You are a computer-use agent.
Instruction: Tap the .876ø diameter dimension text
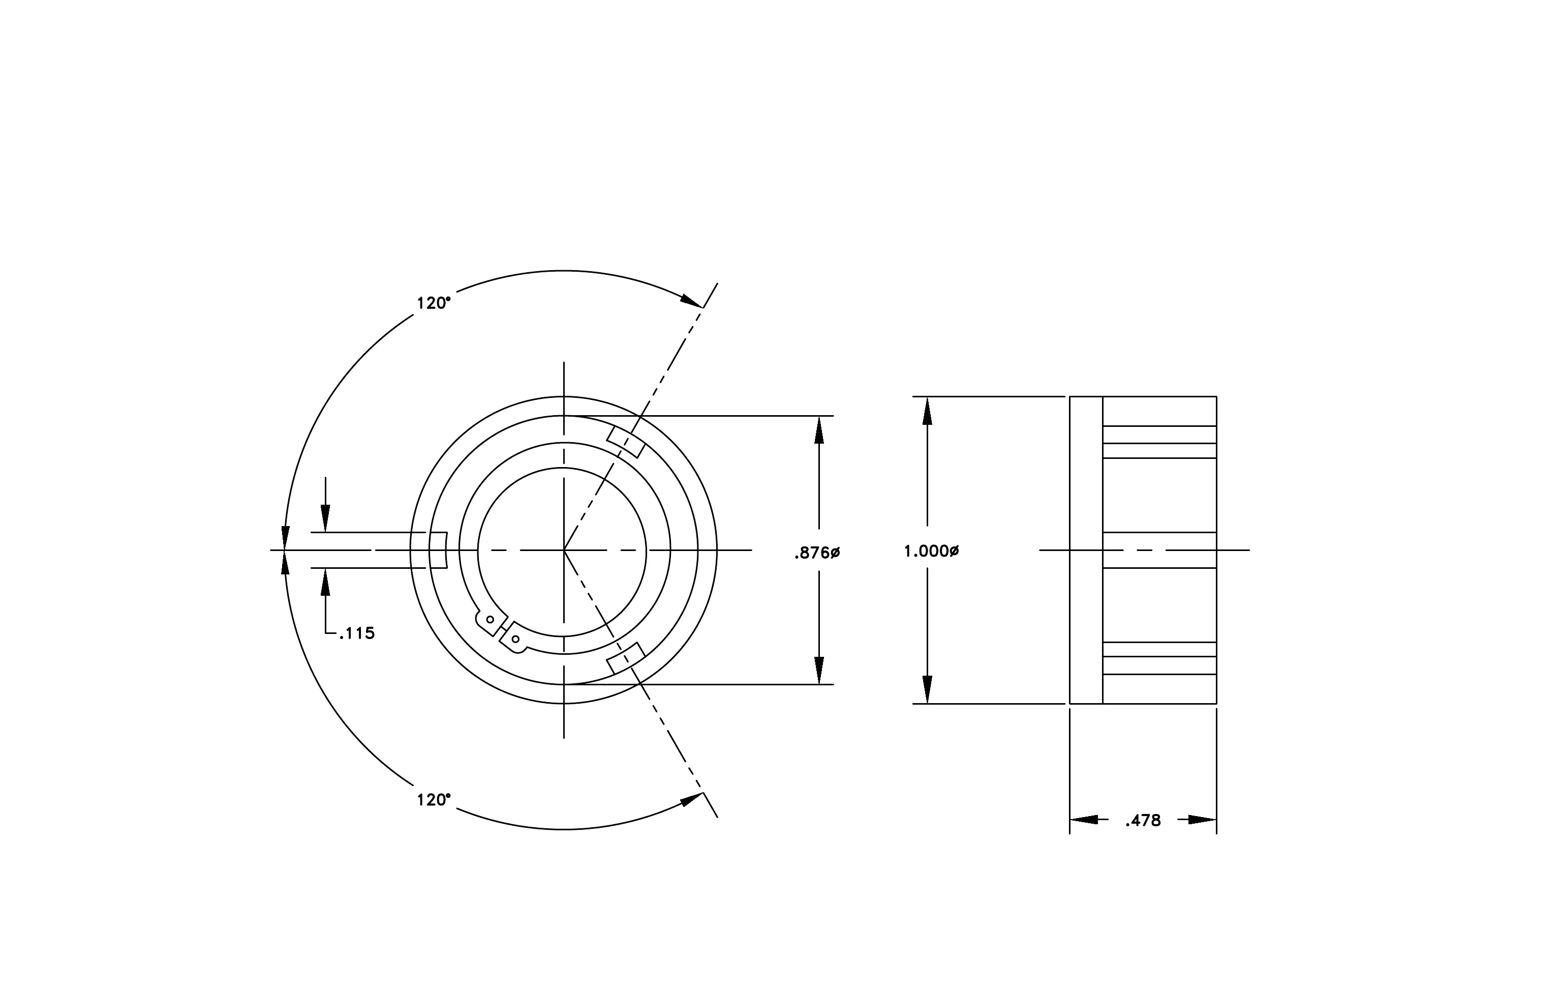[x=817, y=553]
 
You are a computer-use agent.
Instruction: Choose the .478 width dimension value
[x=1143, y=821]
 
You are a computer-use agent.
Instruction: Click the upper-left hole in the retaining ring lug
[x=490, y=620]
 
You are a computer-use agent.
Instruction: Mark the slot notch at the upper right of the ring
[x=626, y=442]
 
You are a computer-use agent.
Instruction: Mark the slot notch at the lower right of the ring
[x=626, y=658]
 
